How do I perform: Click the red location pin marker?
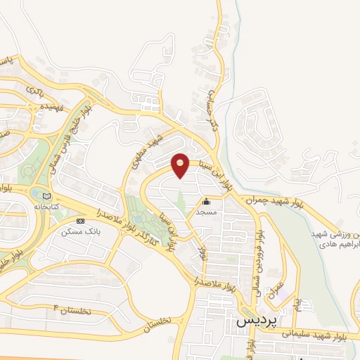(181, 165)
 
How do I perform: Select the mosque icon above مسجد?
(206, 203)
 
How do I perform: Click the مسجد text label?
(206, 212)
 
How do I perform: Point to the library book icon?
(47, 196)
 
